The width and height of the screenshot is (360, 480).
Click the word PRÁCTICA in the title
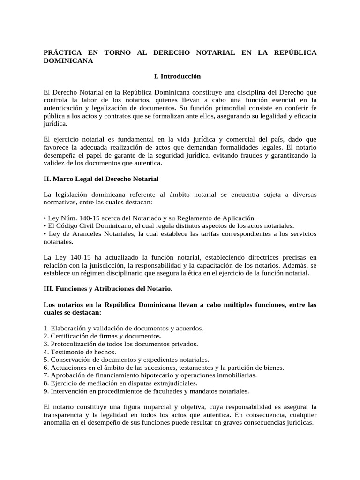point(61,53)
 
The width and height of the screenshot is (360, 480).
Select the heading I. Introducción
point(177,76)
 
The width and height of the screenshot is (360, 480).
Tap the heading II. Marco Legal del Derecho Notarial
point(101,179)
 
